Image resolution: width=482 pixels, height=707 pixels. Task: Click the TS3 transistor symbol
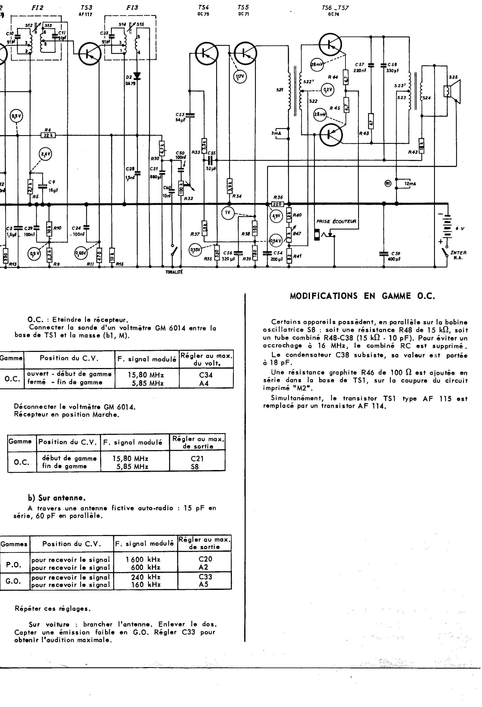click(90, 53)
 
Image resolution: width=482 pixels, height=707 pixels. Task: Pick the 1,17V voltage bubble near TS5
click(240, 77)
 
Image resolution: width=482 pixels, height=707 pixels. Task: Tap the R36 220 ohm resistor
click(277, 204)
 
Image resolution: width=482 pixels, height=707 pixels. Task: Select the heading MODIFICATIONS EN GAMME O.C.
click(362, 296)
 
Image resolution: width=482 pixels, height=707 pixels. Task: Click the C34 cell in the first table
click(206, 375)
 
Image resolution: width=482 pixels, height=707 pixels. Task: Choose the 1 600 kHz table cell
click(143, 559)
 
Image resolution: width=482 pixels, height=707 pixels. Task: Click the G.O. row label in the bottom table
click(13, 581)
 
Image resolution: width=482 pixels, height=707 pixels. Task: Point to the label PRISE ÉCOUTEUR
click(336, 221)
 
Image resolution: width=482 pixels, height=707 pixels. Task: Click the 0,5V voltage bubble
click(16, 116)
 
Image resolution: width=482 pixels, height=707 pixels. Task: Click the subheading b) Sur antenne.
click(57, 498)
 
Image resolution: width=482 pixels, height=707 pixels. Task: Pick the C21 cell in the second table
click(197, 458)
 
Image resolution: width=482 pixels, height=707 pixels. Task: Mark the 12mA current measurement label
click(410, 184)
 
